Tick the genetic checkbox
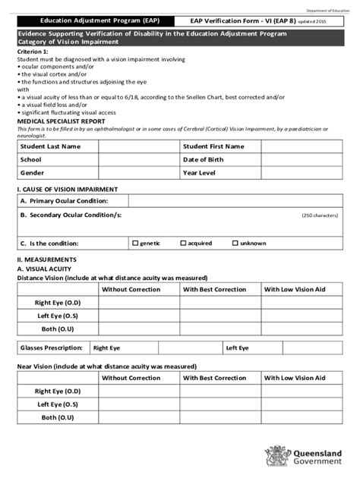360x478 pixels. point(135,244)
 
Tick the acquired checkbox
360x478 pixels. point(183,244)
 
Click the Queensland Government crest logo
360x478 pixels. point(274,457)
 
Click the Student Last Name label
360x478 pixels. point(51,146)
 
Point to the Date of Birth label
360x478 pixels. point(204,160)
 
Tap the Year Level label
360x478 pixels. point(200,173)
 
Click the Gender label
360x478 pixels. point(33,173)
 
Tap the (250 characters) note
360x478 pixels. point(320,215)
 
